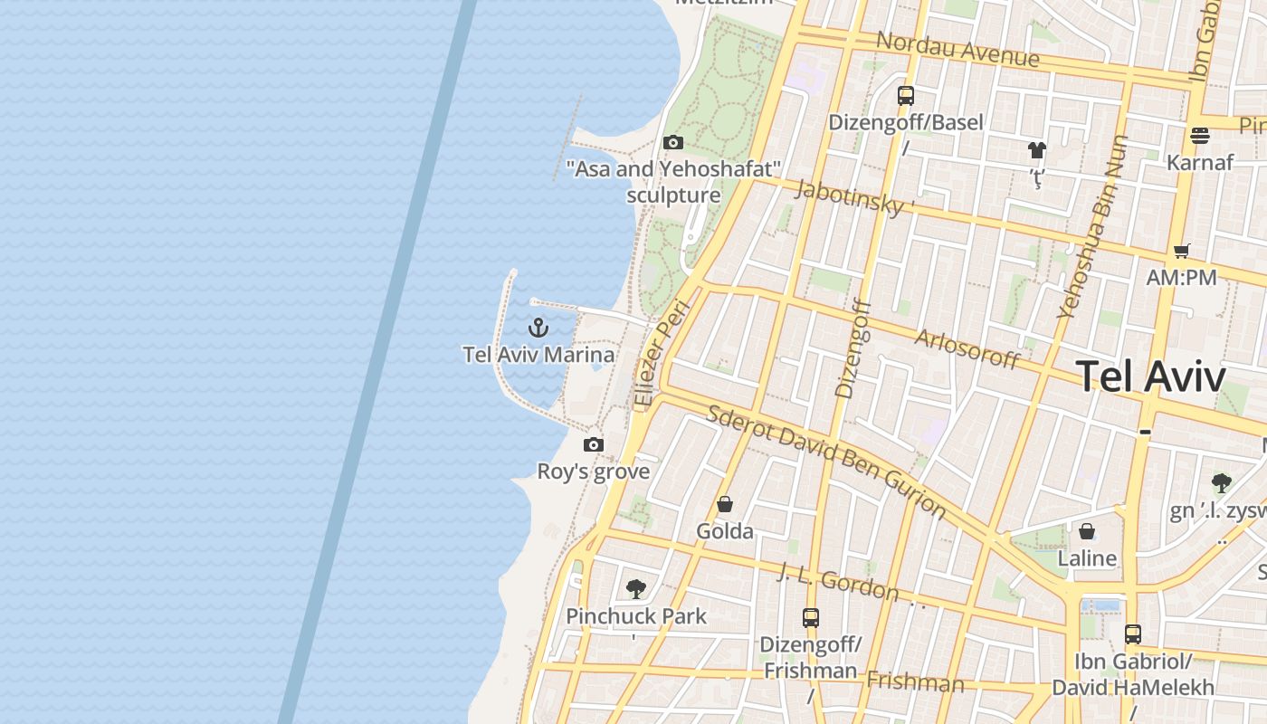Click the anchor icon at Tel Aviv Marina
[x=538, y=327]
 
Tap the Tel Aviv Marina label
[x=538, y=355]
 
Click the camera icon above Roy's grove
[x=594, y=444]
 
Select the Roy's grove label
[x=594, y=472]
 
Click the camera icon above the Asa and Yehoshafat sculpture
[x=672, y=142]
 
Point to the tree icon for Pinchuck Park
[x=636, y=589]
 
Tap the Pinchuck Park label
[x=636, y=616]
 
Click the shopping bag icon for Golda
[x=724, y=504]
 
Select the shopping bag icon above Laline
[x=1086, y=531]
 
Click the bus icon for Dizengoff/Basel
[x=905, y=95]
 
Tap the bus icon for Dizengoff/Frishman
[x=810, y=618]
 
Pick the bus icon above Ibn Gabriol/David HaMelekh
[x=1132, y=634]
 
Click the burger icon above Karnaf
[x=1200, y=136]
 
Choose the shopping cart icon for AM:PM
[x=1181, y=251]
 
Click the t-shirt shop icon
[x=1036, y=149]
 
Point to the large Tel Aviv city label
[x=1151, y=376]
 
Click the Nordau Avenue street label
[x=957, y=49]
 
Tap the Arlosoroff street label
[x=967, y=348]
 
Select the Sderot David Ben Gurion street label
[x=825, y=461]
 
